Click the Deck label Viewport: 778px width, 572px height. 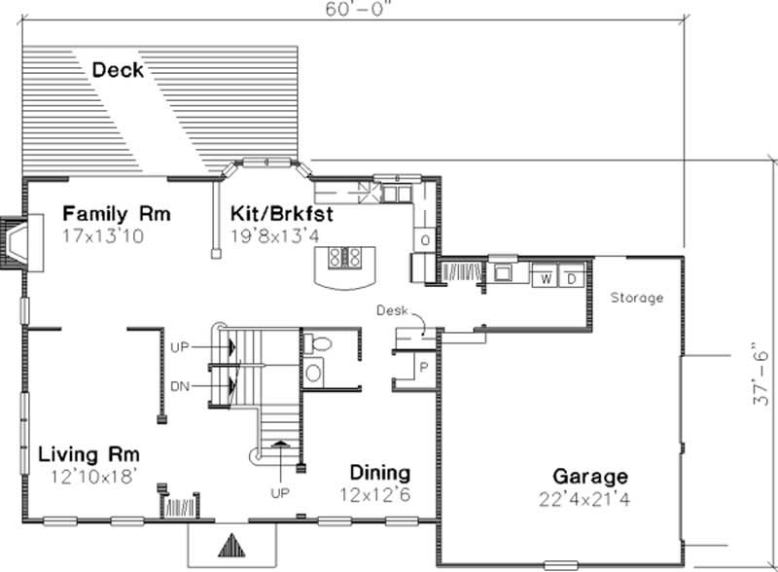[118, 70]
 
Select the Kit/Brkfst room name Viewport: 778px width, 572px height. [281, 213]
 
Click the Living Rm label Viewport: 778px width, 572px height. [89, 454]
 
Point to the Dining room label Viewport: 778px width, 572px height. [378, 473]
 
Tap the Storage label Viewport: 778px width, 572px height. [637, 298]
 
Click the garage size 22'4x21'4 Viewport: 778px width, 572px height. [589, 499]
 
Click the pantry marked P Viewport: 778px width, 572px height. [425, 368]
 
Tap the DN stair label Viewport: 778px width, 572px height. [179, 386]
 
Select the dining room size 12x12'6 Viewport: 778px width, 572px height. [378, 494]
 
